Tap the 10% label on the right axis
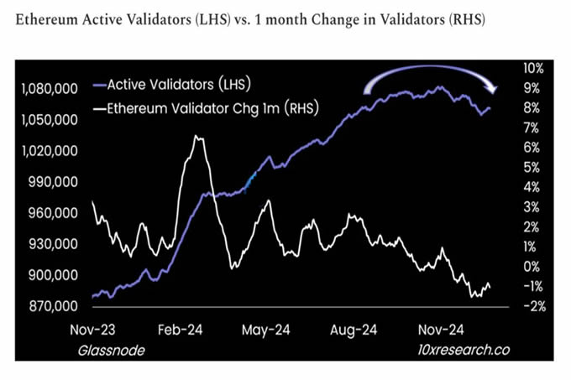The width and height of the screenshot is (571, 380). coord(535,68)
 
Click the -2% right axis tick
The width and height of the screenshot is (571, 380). coord(535,306)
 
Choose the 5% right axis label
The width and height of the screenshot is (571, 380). coord(535,167)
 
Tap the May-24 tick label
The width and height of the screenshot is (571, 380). coord(267,331)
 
